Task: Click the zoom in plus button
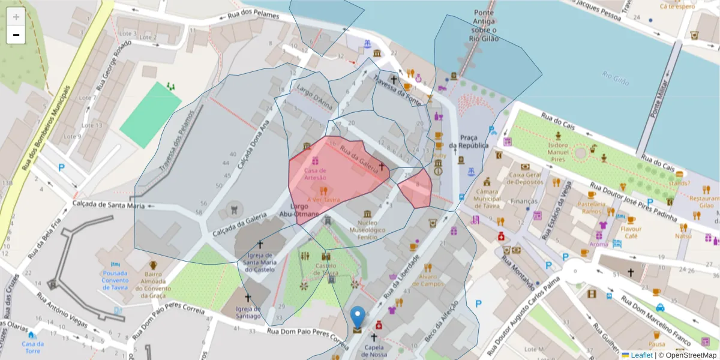tap(16, 17)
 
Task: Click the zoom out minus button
tap(16, 35)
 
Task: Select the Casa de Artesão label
tap(315, 173)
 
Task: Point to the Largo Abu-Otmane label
tap(302, 209)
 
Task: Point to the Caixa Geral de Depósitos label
tap(526, 178)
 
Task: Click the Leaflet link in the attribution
tap(637, 355)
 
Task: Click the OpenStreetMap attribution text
tap(687, 355)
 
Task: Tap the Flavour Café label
tap(631, 232)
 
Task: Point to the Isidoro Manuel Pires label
tap(558, 153)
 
